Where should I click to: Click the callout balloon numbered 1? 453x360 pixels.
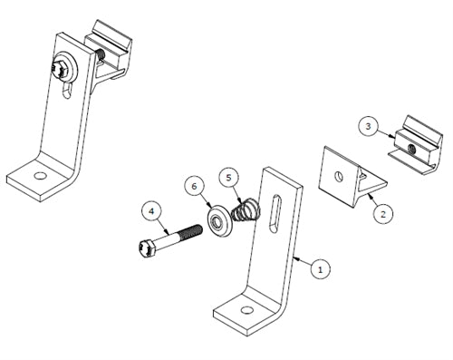[x=318, y=268]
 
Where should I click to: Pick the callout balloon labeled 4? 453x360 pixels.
[x=152, y=213]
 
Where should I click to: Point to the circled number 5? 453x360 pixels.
[x=230, y=176]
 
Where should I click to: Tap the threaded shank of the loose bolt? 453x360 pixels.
[x=185, y=234]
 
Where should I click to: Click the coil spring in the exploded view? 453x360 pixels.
[x=243, y=211]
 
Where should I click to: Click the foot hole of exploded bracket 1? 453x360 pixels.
[x=246, y=313]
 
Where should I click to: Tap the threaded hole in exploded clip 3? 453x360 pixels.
[x=410, y=145]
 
